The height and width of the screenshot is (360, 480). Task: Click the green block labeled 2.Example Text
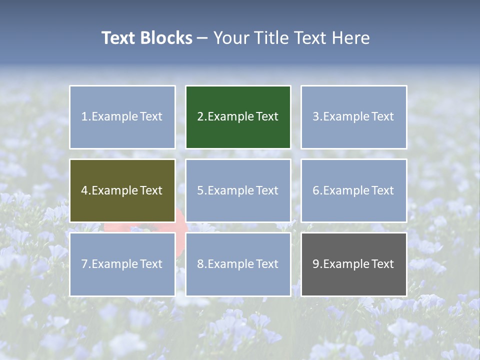[238, 117]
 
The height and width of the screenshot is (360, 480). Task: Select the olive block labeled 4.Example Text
[122, 190]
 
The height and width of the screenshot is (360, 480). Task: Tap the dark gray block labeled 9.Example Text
[353, 264]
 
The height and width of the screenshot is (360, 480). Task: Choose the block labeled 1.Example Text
[122, 117]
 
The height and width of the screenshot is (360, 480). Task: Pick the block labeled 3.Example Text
[353, 117]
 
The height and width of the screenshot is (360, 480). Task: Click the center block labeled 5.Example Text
[238, 190]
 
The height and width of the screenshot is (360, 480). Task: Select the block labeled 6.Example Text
[353, 190]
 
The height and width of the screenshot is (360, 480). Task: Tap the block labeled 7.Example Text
[122, 264]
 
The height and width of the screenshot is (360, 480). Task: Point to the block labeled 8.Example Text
[238, 264]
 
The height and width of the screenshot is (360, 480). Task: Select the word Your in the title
[230, 38]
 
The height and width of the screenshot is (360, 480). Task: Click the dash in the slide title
[203, 38]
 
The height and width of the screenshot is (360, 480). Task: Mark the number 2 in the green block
[200, 117]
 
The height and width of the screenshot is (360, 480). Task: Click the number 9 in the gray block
[315, 264]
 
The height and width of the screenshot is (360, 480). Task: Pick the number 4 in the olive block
[84, 190]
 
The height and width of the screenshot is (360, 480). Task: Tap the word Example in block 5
[230, 190]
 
